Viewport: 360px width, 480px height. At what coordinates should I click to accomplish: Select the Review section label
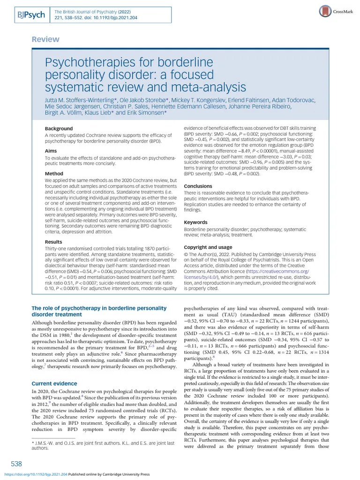[45, 39]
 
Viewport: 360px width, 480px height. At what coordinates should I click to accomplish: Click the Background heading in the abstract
[59, 128]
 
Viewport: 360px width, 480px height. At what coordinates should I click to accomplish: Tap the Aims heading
[51, 151]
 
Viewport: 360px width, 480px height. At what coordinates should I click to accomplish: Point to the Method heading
[54, 174]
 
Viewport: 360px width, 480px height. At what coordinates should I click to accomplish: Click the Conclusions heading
[198, 186]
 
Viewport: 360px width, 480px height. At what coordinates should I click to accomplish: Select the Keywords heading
[195, 222]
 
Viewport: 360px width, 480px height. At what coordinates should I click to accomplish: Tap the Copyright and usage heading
[208, 247]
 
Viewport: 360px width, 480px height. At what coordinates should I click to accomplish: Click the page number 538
[16, 464]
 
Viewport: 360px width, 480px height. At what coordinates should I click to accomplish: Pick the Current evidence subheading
[51, 383]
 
